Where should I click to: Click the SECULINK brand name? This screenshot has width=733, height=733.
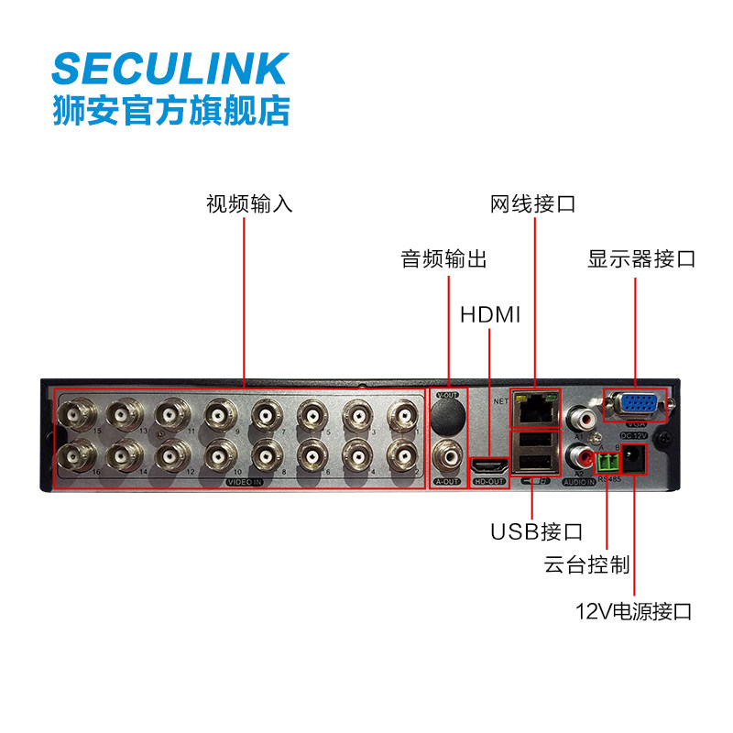170,70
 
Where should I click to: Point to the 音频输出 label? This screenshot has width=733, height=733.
444,259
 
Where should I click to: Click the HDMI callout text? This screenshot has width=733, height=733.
490,316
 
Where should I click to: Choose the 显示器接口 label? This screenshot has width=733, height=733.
641,259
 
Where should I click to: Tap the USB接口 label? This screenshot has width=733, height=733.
536,531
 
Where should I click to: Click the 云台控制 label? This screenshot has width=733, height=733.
586,565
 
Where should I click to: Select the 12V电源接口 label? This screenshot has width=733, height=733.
634,610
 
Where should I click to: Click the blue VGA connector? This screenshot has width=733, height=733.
634,406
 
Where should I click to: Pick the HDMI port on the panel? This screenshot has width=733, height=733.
488,465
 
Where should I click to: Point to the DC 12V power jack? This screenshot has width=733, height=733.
633,459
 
